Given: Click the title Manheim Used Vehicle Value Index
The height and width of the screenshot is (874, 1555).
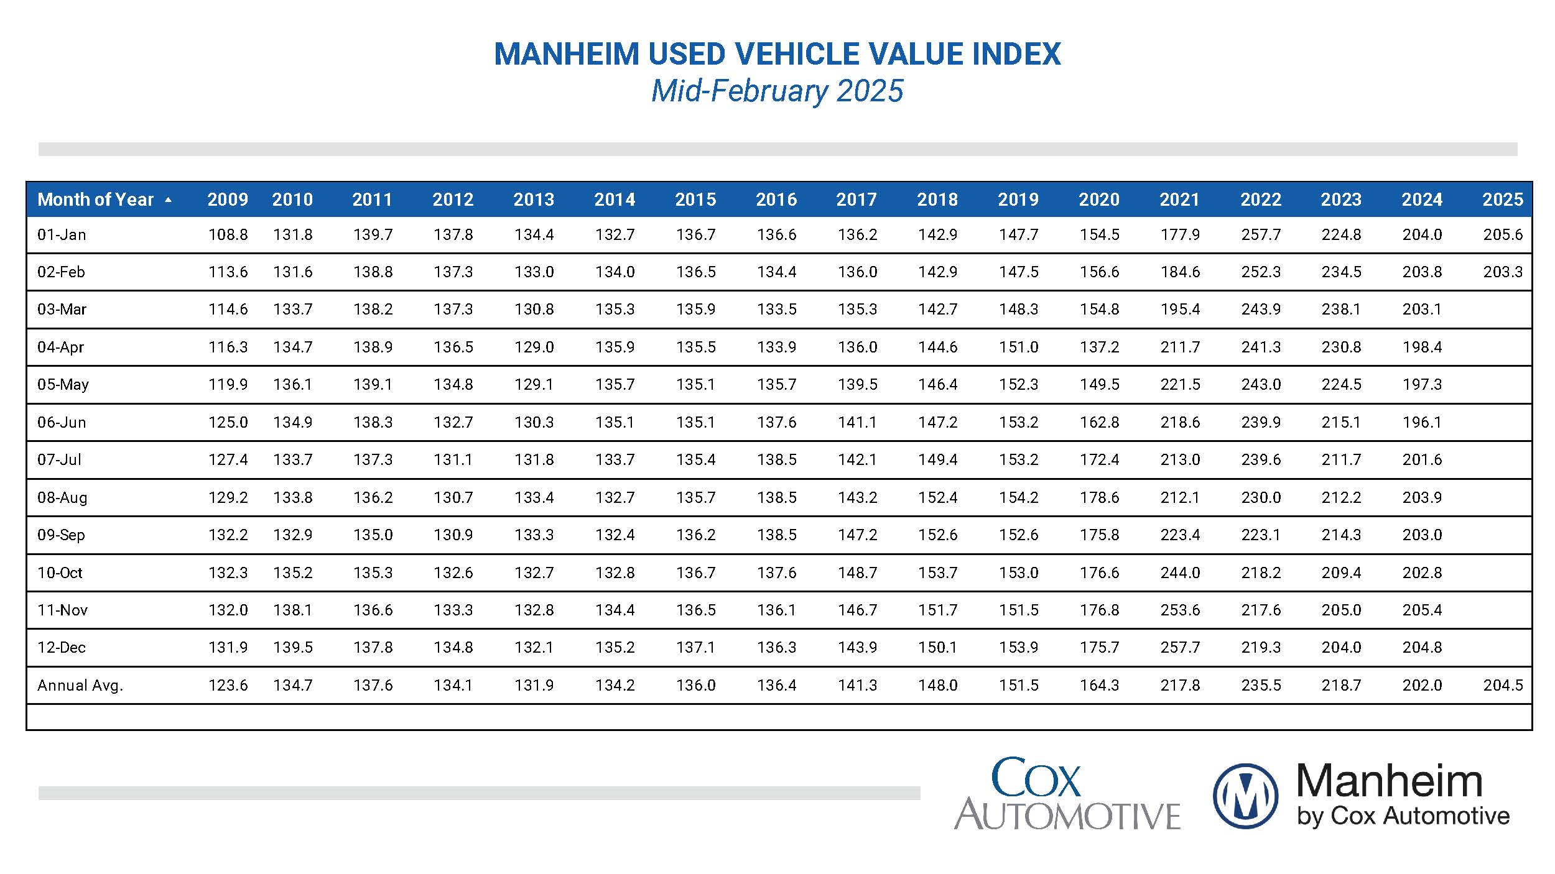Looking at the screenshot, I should click(777, 54).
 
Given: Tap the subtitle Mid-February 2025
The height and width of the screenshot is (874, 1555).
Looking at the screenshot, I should click(777, 91).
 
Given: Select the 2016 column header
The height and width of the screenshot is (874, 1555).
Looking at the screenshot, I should click(776, 200).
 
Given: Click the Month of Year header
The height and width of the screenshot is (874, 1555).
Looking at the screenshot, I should click(95, 200).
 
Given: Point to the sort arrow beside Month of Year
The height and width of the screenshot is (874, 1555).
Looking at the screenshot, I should click(168, 200).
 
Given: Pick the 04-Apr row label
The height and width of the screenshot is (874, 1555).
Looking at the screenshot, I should click(60, 347).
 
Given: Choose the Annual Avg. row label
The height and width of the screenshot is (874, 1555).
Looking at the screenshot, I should click(80, 685).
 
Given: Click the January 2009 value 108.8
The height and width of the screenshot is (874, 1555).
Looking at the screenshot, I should click(228, 235).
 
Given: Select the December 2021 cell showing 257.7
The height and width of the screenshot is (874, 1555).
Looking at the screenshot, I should click(1180, 648).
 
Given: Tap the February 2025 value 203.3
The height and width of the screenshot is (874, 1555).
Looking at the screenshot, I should click(1503, 272).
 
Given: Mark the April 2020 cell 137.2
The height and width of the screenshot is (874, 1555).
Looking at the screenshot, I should click(1099, 347).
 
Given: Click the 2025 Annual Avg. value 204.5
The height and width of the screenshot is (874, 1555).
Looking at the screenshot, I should click(1503, 685).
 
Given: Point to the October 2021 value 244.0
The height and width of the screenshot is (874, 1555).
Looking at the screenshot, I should click(1180, 573).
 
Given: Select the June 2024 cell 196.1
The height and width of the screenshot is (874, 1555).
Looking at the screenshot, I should click(1422, 422).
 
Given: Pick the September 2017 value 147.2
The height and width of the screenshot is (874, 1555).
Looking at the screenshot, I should click(857, 535).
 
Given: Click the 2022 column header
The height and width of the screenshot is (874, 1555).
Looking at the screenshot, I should click(1260, 200).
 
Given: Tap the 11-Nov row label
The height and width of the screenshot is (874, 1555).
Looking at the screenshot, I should click(62, 610).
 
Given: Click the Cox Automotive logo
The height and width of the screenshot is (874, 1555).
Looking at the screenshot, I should click(1066, 794).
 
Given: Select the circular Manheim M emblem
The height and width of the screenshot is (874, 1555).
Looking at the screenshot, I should click(1245, 796).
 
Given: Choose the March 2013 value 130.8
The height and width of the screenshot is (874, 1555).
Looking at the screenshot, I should click(534, 310).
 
